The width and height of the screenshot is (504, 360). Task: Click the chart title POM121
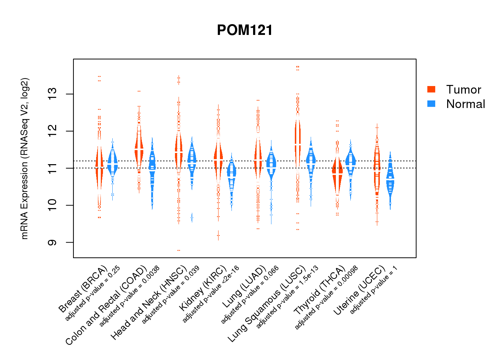245,30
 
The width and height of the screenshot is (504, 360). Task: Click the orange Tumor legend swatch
431,89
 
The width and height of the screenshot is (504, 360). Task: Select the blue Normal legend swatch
431,104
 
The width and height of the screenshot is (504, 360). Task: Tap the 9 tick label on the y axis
53,242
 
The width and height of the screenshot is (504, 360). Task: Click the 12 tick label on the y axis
53,131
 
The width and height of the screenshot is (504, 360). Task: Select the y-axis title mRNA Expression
24,158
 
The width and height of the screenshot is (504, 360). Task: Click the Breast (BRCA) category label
83,289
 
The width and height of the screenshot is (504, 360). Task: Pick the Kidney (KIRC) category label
203,288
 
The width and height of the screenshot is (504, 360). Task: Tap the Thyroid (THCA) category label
320,291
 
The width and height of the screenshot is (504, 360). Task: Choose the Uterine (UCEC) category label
359,291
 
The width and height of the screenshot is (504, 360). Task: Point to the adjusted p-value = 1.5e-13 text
287,297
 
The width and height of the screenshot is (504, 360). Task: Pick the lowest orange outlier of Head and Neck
179,250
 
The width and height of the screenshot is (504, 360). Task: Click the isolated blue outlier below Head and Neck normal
192,218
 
